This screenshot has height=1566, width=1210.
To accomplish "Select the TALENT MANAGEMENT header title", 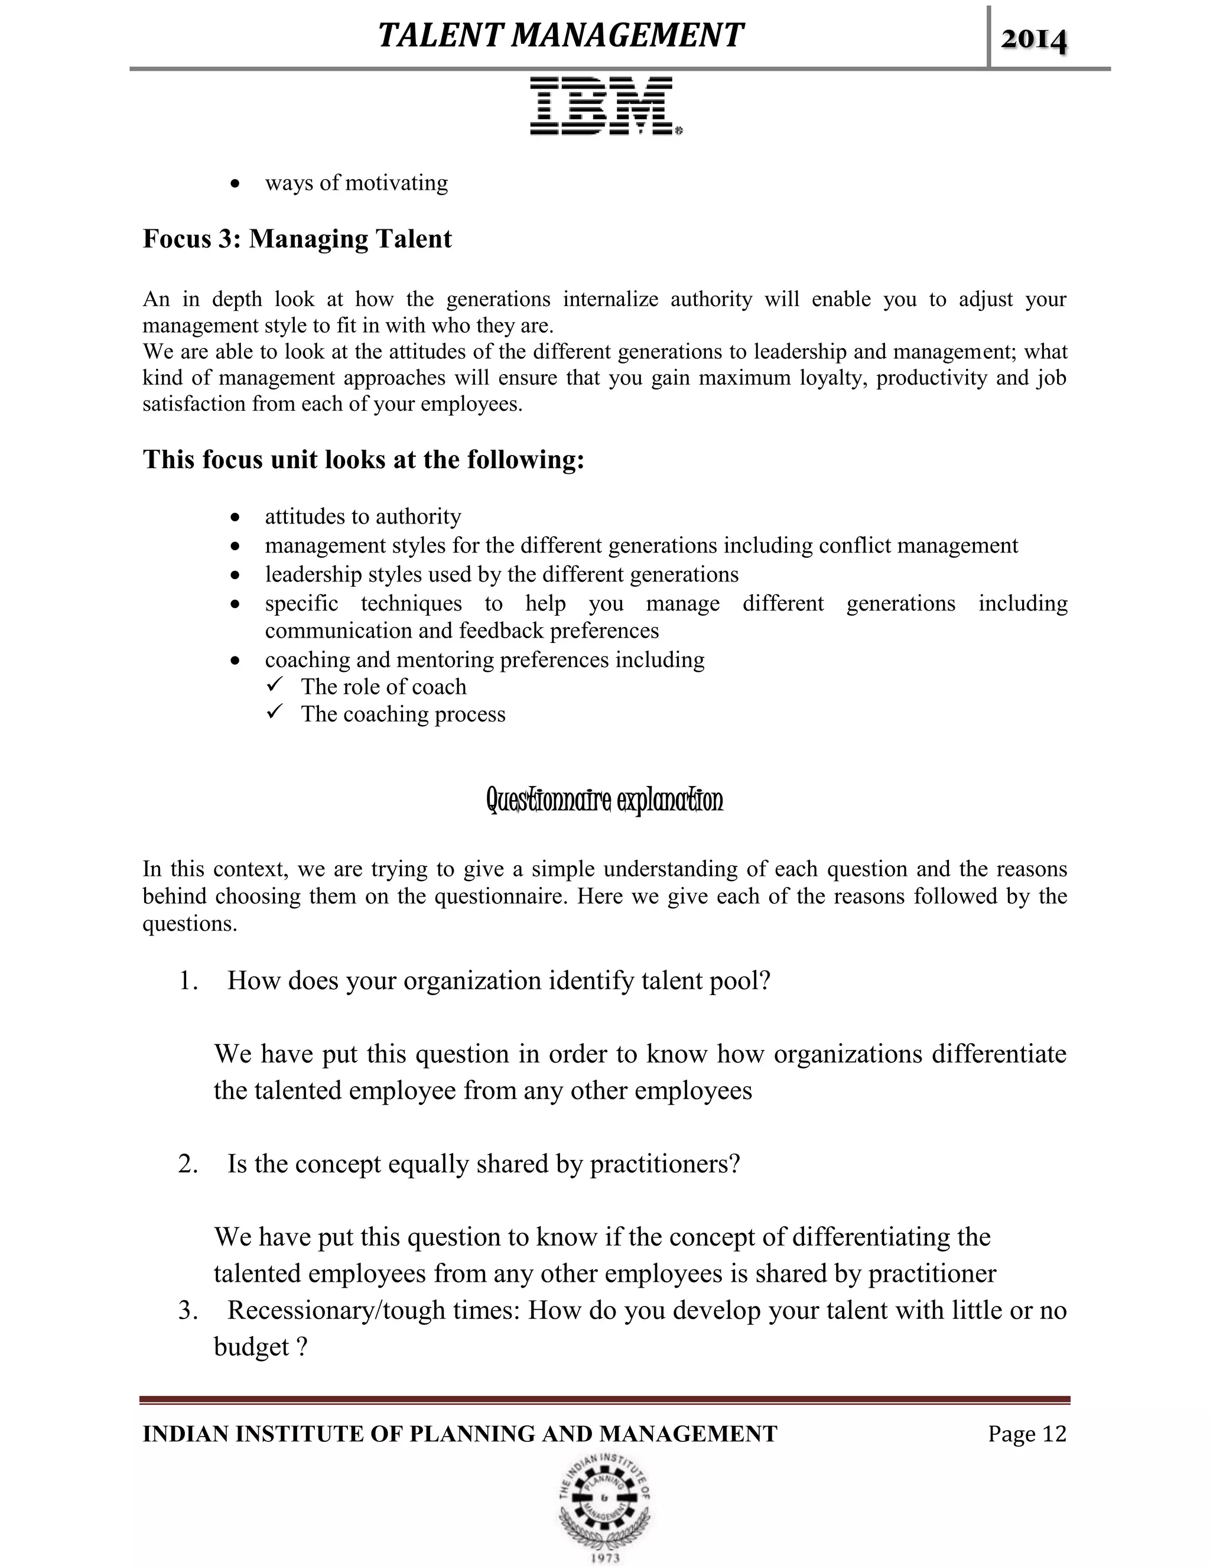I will (561, 35).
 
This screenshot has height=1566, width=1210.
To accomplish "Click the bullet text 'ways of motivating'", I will (356, 183).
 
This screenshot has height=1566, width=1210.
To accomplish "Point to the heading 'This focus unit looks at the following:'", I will (363, 459).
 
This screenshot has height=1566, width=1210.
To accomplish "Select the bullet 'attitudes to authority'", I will (363, 516).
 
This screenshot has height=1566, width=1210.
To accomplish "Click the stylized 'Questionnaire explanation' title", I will (604, 800).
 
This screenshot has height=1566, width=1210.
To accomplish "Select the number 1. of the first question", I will (188, 980).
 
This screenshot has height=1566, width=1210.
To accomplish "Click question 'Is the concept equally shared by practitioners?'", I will (483, 1163).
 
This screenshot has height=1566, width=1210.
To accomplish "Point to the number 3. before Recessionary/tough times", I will (188, 1310).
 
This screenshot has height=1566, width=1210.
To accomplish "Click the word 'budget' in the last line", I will (251, 1347).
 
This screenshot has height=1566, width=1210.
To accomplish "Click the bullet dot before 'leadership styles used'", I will (235, 575).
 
